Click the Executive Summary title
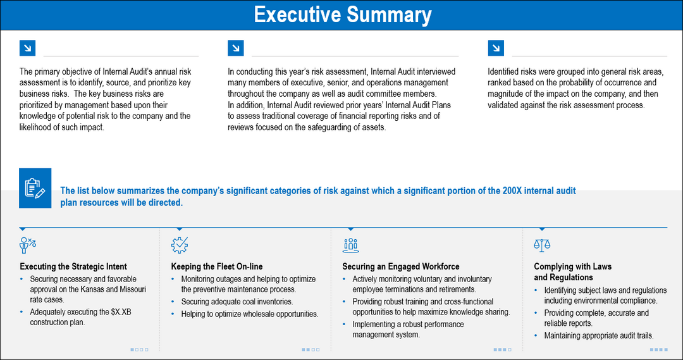click(x=342, y=15)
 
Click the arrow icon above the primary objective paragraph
click(x=27, y=48)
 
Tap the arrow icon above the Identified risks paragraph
click(x=496, y=48)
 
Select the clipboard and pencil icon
click(x=35, y=188)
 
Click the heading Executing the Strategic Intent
click(x=73, y=266)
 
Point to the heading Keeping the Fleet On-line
click(x=217, y=266)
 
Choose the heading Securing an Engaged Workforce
click(x=401, y=266)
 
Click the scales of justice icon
click(x=542, y=244)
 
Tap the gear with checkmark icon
click(x=180, y=244)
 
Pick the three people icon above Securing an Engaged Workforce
click(x=350, y=244)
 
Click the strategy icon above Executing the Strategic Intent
click(x=28, y=244)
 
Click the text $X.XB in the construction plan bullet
click(x=103, y=312)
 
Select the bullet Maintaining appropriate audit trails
click(x=598, y=336)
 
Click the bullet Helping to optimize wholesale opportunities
click(x=249, y=313)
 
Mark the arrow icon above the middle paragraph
click(x=235, y=48)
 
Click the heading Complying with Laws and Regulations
click(x=572, y=271)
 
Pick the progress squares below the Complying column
click(x=658, y=349)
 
